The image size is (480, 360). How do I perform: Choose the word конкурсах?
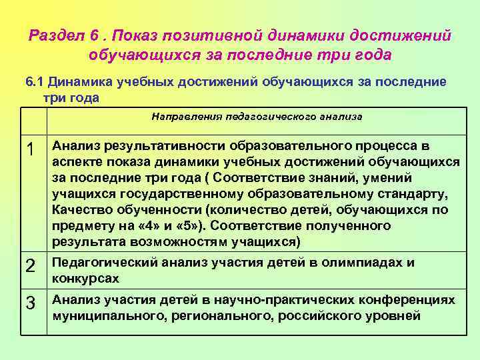86,279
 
